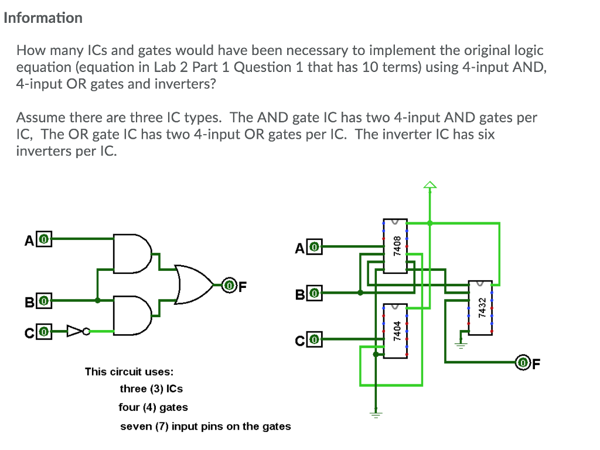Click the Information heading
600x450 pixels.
[x=43, y=18]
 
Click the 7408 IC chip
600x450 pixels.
[x=396, y=246]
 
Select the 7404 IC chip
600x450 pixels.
[x=396, y=331]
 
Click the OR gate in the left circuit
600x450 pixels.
[x=194, y=285]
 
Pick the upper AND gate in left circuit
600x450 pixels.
[x=132, y=254]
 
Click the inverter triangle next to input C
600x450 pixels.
[x=76, y=332]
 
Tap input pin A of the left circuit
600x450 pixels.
[x=45, y=239]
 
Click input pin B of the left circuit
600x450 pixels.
[x=45, y=301]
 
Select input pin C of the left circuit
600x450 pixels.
[x=45, y=332]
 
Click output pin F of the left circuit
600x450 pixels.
[x=229, y=286]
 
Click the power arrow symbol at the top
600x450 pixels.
[x=430, y=186]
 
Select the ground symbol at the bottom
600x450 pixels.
[x=376, y=414]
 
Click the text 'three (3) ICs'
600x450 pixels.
[x=151, y=389]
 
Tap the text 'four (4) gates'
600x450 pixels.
[x=153, y=407]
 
